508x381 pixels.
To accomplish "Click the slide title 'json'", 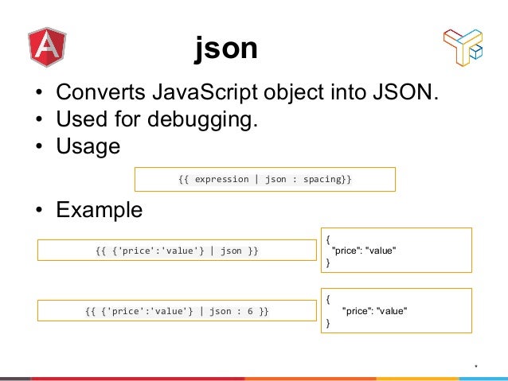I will tap(226, 49).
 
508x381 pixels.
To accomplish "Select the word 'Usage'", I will tap(88, 147).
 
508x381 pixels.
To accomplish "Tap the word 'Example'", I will tap(99, 210).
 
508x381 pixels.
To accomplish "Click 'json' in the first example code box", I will tap(231, 251).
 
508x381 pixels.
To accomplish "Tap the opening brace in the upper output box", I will tap(327, 238).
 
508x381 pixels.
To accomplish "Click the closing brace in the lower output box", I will tap(327, 324).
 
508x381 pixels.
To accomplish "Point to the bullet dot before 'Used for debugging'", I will tap(38, 122).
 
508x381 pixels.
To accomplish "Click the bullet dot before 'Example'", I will tap(38, 211).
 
